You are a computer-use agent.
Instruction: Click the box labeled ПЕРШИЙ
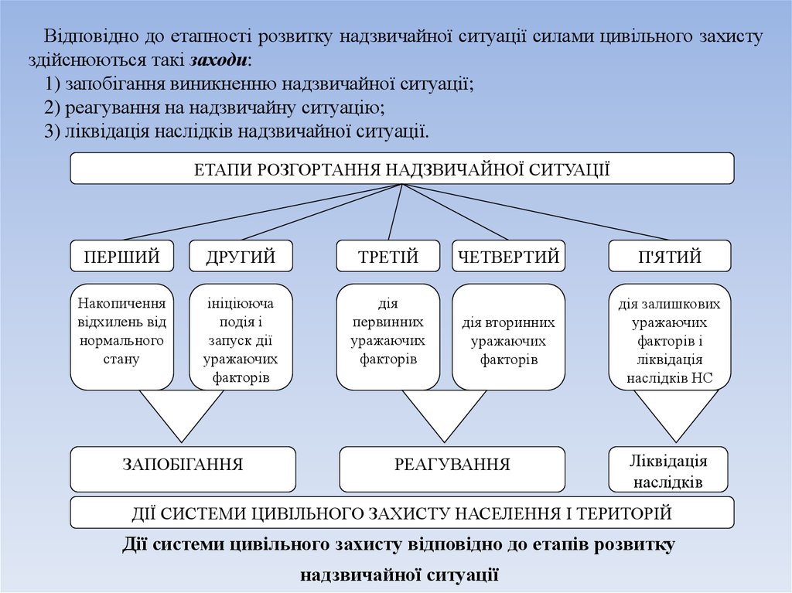click(121, 256)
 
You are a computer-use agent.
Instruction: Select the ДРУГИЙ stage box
click(241, 256)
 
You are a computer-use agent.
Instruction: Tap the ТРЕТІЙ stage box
click(388, 256)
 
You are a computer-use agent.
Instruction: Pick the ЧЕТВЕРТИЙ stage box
click(509, 256)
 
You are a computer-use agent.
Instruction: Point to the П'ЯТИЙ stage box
click(670, 256)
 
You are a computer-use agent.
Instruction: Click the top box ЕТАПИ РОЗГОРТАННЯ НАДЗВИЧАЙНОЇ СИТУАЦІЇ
click(401, 169)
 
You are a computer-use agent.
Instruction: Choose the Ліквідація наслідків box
click(668, 469)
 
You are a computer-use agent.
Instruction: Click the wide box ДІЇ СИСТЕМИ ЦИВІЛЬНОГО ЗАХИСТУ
click(401, 512)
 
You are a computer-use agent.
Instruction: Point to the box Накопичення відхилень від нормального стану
click(121, 336)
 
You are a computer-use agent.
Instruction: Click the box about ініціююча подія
click(241, 336)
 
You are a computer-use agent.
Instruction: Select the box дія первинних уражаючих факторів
click(388, 336)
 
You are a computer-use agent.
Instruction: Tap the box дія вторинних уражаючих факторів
click(509, 336)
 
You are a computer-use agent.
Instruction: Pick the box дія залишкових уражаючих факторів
click(670, 336)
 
